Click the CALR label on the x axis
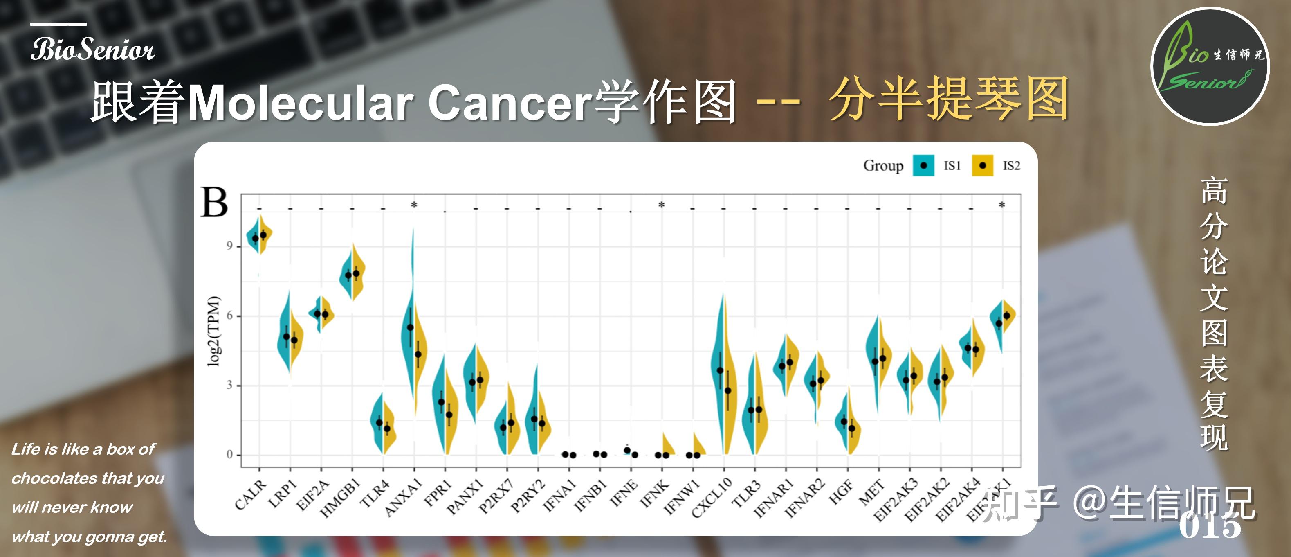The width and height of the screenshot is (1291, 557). pos(250,494)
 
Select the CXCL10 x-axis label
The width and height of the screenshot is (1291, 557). pos(711,498)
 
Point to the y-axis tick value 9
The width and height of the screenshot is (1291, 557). pos(229,246)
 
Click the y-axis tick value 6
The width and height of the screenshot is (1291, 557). pos(229,316)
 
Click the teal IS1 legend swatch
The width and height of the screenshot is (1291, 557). pos(923,165)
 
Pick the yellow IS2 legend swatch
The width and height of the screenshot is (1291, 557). pos(982,165)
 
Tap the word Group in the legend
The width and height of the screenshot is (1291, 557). pos(883,165)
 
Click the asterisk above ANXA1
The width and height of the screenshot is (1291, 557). pos(414,205)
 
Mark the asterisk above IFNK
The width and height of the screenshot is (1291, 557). pos(662,205)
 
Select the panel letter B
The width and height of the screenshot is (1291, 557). pos(214,203)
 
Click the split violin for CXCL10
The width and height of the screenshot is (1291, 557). pos(724,376)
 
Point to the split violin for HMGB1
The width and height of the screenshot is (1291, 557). pos(352,274)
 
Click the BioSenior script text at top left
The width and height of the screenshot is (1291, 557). pos(93,50)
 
